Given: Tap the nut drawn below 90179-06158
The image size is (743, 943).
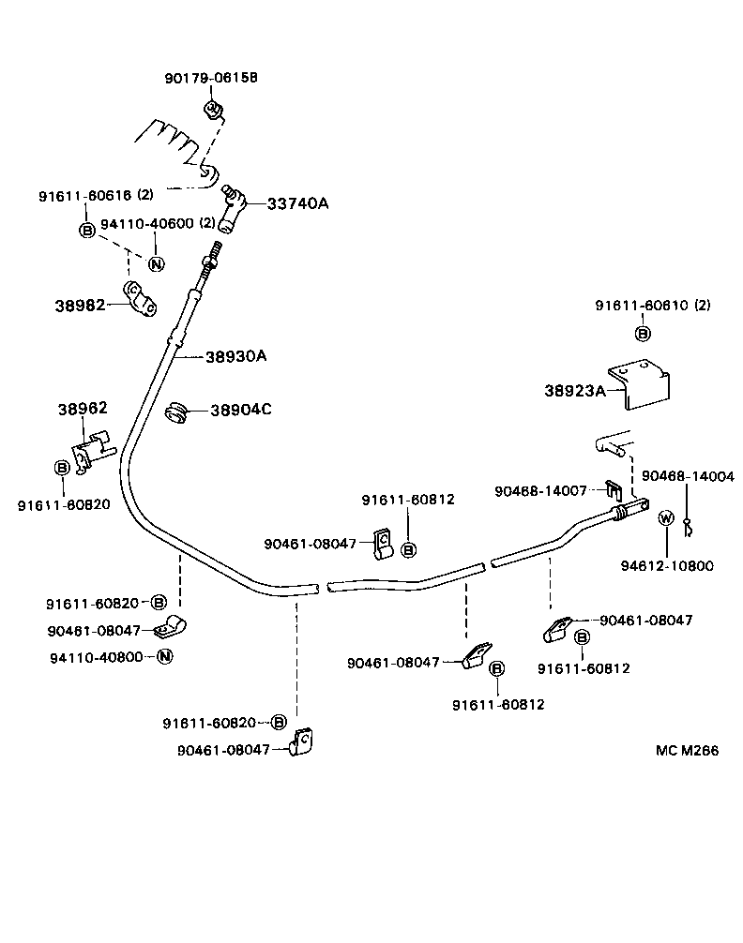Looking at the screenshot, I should pos(213,112).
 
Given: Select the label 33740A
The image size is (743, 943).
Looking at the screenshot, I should pos(297,203).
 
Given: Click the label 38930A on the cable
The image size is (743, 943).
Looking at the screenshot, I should pos(235,356).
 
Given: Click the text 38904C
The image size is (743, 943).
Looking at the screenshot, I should pos(241,410).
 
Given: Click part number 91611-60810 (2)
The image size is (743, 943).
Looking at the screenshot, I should pos(653,306).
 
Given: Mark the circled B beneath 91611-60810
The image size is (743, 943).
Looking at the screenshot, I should pos(643,333).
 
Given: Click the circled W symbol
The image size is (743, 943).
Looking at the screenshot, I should pos(665,518).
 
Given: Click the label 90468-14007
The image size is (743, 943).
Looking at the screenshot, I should pos(540,489).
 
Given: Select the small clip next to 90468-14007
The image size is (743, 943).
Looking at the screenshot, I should pos(612,489).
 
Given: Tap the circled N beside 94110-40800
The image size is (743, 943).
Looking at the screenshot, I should pos(163,656).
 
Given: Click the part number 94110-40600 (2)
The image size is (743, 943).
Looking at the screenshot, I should pos(158,223).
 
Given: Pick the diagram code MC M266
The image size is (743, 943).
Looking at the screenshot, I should pos(688,751).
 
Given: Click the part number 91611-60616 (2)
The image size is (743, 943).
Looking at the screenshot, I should pos(96,196).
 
